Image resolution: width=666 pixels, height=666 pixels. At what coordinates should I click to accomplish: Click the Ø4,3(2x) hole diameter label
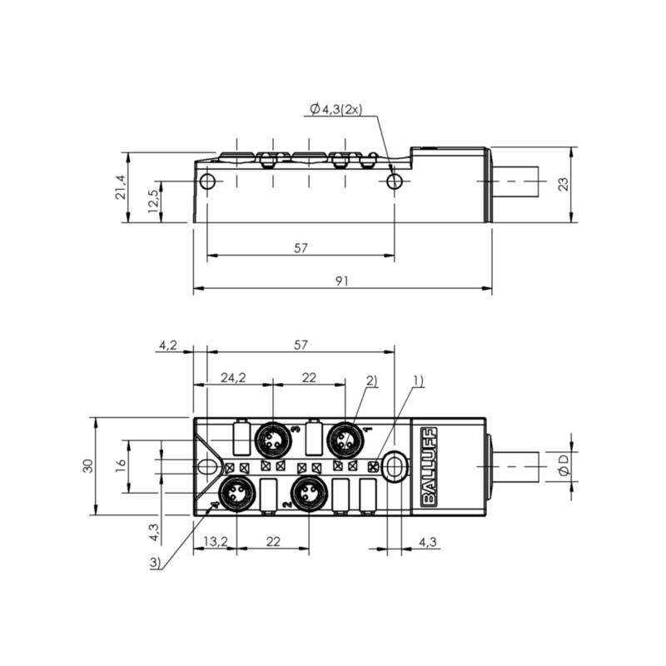point(335,110)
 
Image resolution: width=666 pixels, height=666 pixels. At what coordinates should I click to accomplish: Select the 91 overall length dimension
point(342,281)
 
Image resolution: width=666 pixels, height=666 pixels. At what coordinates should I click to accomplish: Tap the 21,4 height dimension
point(121,187)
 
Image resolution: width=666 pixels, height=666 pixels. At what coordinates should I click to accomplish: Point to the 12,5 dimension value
point(153,201)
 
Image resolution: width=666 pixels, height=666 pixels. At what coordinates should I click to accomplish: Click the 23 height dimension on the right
point(564,184)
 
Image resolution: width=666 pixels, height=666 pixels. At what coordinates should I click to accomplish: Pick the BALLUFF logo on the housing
point(429,467)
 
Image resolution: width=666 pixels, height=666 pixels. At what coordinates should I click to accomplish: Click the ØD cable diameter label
point(564,465)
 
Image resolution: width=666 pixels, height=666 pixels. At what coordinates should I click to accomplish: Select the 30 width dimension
point(88,466)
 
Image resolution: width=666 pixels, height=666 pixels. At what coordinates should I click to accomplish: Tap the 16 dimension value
point(121,463)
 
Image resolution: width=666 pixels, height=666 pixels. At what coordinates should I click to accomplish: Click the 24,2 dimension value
point(233,377)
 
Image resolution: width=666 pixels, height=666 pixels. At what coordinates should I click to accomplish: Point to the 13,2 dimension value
point(216,542)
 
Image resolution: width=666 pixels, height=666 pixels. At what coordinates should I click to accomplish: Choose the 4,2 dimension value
point(168,345)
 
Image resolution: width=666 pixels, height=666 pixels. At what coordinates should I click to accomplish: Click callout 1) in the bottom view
point(419,381)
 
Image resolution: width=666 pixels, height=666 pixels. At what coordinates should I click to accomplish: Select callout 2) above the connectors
point(371,380)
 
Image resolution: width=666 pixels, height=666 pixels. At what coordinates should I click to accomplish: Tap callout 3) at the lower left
point(156,564)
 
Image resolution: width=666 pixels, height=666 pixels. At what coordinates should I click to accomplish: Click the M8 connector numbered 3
point(271,441)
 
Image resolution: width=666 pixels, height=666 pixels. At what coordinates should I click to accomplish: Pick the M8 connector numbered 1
point(345,441)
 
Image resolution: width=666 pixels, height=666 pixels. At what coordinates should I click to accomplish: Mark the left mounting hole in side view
point(207,181)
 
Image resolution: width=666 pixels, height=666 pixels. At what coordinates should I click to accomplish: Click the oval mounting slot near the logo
point(395,467)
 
